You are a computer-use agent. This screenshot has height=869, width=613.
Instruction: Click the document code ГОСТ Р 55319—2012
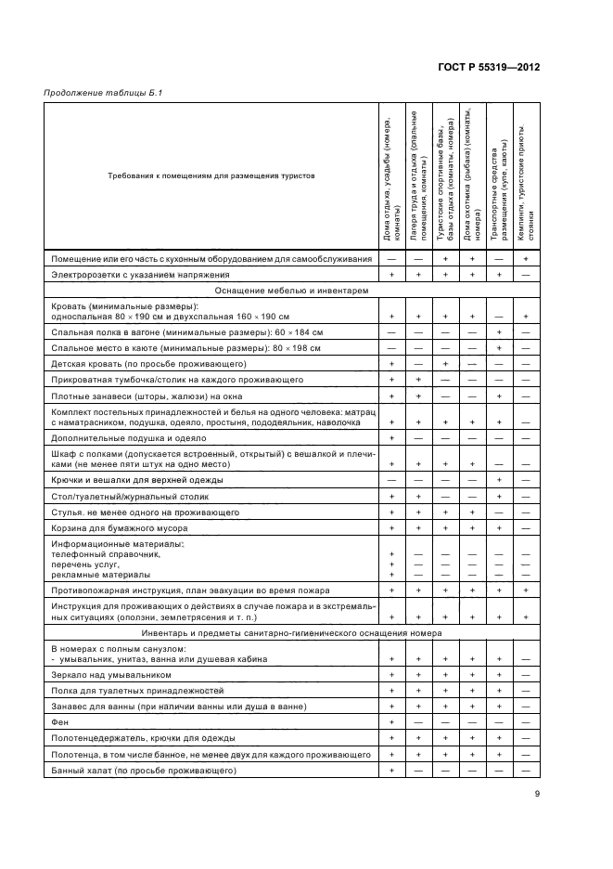pyautogui.click(x=489, y=68)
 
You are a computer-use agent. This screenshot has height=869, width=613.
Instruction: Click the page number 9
pyautogui.click(x=537, y=794)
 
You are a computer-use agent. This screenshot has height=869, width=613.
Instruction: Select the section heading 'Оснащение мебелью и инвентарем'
pyautogui.click(x=292, y=290)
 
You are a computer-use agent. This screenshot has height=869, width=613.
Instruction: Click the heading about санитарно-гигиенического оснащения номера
pyautogui.click(x=292, y=632)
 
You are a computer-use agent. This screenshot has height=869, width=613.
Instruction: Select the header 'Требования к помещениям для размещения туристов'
pyautogui.click(x=211, y=175)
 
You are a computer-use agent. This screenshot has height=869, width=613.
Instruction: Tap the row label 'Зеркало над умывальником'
pyautogui.click(x=111, y=675)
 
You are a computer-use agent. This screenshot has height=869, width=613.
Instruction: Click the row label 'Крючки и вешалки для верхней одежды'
pyautogui.click(x=136, y=480)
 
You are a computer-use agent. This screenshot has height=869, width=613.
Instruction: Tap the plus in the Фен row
pyautogui.click(x=391, y=721)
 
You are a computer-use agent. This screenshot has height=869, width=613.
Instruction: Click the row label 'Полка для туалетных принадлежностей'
pyautogui.click(x=137, y=691)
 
